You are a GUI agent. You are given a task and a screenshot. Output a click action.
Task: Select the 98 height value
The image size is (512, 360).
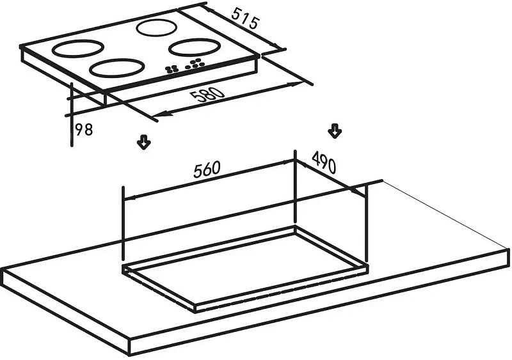(84, 130)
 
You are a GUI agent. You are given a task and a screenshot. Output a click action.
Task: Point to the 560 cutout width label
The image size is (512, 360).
(207, 169)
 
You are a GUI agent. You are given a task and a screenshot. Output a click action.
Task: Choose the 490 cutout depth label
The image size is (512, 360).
(324, 164)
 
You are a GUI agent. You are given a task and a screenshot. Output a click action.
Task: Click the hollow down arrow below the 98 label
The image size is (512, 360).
(144, 142)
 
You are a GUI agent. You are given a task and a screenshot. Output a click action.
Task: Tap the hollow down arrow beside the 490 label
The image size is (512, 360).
(334, 131)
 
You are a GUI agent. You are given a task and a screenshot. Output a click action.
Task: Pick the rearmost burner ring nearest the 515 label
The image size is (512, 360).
(157, 27)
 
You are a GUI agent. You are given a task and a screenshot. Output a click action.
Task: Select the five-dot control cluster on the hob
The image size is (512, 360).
(195, 65)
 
